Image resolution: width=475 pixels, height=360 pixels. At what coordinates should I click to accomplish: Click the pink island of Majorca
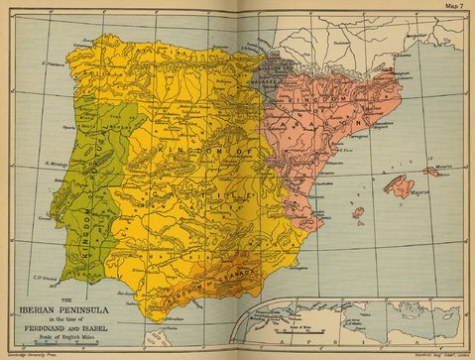401,185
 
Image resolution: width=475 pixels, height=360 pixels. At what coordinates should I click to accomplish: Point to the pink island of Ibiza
358,212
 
